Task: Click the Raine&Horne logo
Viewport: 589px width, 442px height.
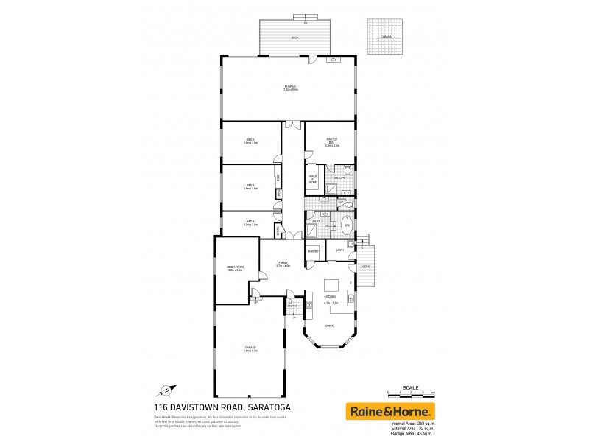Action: click(391, 410)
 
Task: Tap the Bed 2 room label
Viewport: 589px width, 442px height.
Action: click(250, 187)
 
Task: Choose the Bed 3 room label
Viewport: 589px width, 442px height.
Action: click(250, 141)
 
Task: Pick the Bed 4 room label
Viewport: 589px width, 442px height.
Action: click(250, 223)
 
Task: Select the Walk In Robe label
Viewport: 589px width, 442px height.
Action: click(313, 178)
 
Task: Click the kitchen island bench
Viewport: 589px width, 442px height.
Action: click(333, 286)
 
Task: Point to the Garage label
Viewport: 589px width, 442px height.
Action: click(250, 350)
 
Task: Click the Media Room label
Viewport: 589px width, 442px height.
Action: click(235, 269)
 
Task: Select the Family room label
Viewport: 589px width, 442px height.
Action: click(283, 264)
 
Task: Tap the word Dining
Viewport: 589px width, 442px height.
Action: click(330, 326)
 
